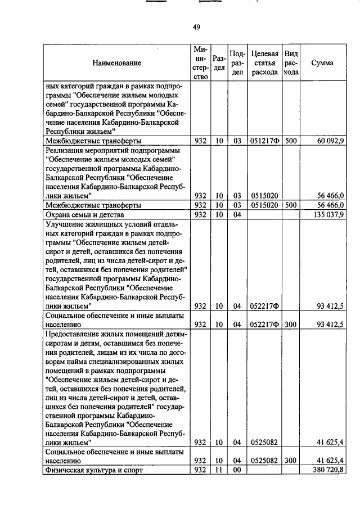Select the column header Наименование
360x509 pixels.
coord(117,64)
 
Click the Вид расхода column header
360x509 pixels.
coord(291,63)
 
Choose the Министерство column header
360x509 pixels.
coord(200,63)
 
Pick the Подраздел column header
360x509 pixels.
coord(237,63)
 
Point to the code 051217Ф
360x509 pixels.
coord(264,141)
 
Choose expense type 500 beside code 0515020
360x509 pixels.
coord(290,205)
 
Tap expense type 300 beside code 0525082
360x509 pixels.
coord(290,460)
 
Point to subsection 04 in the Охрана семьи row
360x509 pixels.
coord(237,214)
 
